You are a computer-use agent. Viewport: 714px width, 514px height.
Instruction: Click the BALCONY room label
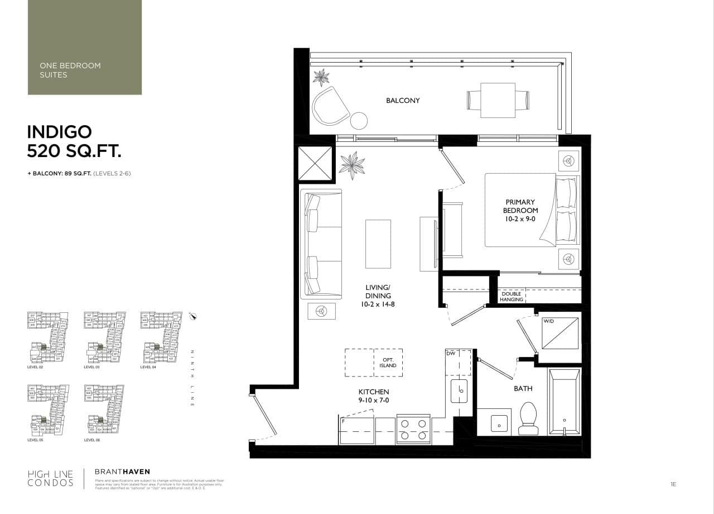(403, 101)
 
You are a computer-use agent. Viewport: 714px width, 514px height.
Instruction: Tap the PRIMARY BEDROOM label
(520, 210)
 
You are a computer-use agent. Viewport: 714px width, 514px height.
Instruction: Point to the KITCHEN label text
(374, 396)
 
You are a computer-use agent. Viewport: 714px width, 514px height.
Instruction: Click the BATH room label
(523, 388)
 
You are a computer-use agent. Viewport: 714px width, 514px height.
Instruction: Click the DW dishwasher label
(451, 354)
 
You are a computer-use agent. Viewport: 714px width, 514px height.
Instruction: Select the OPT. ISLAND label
(388, 362)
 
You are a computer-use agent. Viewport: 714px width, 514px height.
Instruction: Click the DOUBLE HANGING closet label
(512, 297)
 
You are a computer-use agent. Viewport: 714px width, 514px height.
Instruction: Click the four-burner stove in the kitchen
(413, 429)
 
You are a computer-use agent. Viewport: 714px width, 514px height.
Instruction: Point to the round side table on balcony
(359, 121)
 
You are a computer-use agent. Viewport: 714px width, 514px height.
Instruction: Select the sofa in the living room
(320, 244)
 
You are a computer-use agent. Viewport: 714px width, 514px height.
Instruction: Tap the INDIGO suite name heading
(60, 132)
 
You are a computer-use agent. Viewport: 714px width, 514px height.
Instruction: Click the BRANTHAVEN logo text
(122, 472)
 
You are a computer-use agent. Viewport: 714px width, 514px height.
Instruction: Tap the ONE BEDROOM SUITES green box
(85, 47)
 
